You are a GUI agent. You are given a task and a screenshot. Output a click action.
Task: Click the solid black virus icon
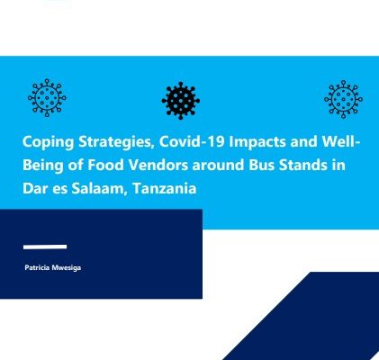[181, 101]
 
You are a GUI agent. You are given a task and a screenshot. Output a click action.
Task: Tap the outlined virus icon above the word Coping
[47, 98]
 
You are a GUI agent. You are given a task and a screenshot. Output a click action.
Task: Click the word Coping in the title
[48, 142]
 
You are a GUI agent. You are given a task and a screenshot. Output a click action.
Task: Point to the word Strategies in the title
[116, 142]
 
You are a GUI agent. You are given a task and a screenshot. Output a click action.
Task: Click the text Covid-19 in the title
[192, 141]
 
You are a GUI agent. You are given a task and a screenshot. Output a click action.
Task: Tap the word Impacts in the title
[257, 142]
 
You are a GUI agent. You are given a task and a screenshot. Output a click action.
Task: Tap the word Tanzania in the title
[164, 189]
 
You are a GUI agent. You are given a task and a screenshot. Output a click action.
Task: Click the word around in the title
[218, 166]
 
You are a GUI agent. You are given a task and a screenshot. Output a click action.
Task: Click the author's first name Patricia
[37, 267]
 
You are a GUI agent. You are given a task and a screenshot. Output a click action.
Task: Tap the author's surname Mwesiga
[66, 268]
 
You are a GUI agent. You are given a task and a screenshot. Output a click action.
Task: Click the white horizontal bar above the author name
[45, 247]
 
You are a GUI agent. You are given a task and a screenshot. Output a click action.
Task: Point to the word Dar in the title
[33, 189]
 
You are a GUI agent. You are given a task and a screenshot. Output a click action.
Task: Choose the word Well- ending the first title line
[341, 141]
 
